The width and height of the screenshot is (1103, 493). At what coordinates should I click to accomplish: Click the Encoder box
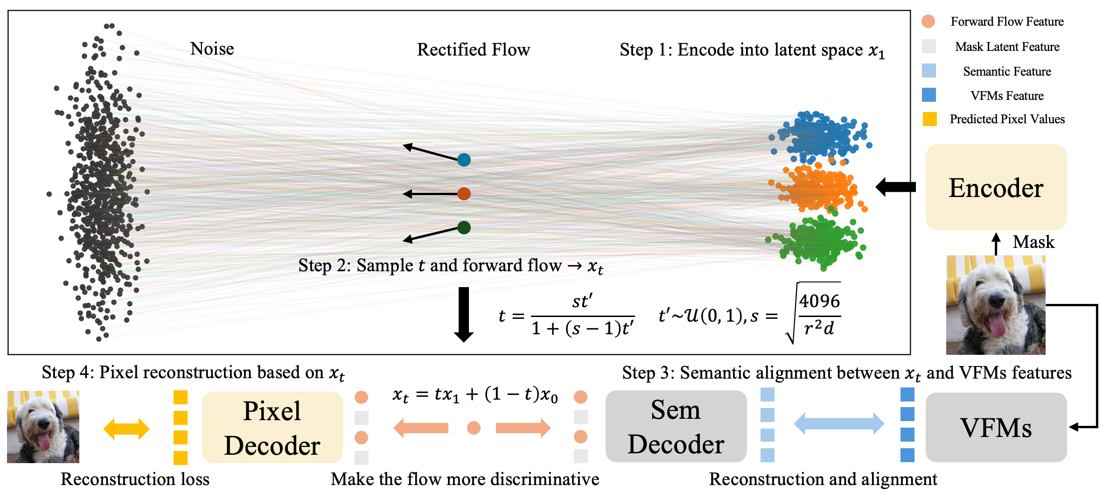coord(996,187)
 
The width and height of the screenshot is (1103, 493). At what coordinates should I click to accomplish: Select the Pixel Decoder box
coord(272,428)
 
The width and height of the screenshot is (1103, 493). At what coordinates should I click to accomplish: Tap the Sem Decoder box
coord(676,426)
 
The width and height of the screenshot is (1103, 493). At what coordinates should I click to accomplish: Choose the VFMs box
coord(996,427)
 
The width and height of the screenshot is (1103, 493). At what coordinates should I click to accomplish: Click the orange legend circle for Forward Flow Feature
coord(928,21)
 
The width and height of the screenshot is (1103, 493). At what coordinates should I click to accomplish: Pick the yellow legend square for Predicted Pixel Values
coord(929,119)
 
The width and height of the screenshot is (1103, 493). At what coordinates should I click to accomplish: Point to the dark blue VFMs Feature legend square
coord(929,95)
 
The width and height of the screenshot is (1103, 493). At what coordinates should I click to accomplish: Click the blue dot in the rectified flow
coord(464,160)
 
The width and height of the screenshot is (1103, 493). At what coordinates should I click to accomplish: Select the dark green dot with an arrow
coord(464,228)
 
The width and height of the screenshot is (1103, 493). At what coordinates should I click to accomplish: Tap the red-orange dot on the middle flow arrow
coord(464,194)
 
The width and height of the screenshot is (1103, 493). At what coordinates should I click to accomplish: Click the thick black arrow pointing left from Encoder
coord(895,187)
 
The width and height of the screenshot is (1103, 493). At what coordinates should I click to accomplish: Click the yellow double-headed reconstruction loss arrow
coord(126,429)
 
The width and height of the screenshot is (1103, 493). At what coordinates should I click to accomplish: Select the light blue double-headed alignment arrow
coord(838,424)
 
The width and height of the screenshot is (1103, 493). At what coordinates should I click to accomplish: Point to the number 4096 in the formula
coord(819,302)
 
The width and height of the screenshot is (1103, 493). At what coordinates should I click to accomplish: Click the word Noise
coord(212,49)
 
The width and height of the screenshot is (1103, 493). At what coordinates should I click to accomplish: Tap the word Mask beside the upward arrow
coord(1033,242)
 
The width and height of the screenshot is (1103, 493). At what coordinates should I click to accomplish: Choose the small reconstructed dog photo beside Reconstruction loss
coord(43,427)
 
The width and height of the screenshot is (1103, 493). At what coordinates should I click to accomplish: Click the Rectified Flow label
coord(473,49)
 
